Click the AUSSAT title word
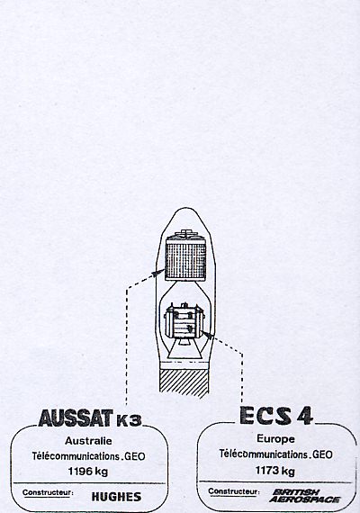[x=76, y=418]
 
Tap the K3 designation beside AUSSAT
[x=129, y=420]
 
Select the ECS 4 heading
[x=276, y=416]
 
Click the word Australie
[x=88, y=441]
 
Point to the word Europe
[x=275, y=439]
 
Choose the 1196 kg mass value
[x=88, y=472]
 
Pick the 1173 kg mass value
[x=274, y=471]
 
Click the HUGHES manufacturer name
[x=116, y=497]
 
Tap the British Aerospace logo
[x=304, y=496]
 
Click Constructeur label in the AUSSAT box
[x=48, y=492]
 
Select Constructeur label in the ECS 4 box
[x=234, y=491]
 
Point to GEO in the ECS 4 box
[x=322, y=454]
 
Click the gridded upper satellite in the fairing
[x=186, y=256]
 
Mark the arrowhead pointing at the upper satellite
[x=159, y=273]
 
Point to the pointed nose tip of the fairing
[x=186, y=208]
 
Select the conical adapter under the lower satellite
[x=185, y=349]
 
